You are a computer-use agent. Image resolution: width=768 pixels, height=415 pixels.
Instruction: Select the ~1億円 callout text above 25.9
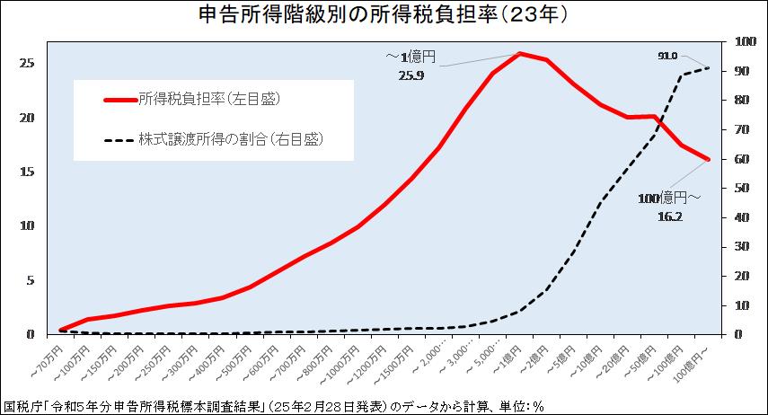[410, 57]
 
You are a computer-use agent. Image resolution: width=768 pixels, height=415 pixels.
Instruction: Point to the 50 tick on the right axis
[743, 188]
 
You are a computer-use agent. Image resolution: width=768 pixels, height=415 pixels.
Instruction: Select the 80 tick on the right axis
[743, 100]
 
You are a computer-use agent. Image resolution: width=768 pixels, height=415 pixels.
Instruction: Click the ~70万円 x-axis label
[46, 357]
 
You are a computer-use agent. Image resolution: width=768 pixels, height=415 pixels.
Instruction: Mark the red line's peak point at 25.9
[520, 53]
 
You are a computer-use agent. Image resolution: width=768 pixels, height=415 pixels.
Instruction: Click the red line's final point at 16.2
[709, 159]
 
